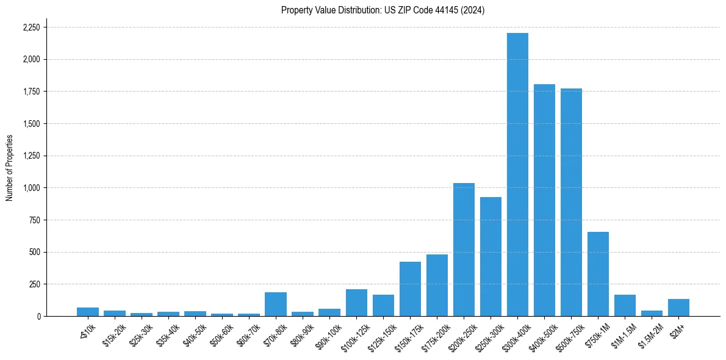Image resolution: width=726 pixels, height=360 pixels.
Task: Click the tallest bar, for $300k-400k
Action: click(517, 175)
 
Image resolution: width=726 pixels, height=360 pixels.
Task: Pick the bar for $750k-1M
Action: click(598, 274)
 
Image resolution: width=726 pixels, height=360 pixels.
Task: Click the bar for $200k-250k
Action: click(464, 250)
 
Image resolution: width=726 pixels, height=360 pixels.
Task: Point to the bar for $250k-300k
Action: click(491, 256)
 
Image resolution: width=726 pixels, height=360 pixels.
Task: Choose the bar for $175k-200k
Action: click(437, 285)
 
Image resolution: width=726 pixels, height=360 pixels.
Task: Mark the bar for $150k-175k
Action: click(410, 289)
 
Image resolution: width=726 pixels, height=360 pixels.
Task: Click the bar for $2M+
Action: click(678, 308)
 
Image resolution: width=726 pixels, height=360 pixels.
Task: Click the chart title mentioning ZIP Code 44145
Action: click(383, 10)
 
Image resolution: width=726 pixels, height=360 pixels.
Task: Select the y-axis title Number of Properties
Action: click(9, 168)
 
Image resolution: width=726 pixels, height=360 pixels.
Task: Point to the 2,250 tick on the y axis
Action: click(31, 27)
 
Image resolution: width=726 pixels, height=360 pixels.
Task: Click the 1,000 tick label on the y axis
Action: click(31, 188)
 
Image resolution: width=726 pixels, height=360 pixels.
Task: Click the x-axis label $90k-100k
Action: click(328, 335)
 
